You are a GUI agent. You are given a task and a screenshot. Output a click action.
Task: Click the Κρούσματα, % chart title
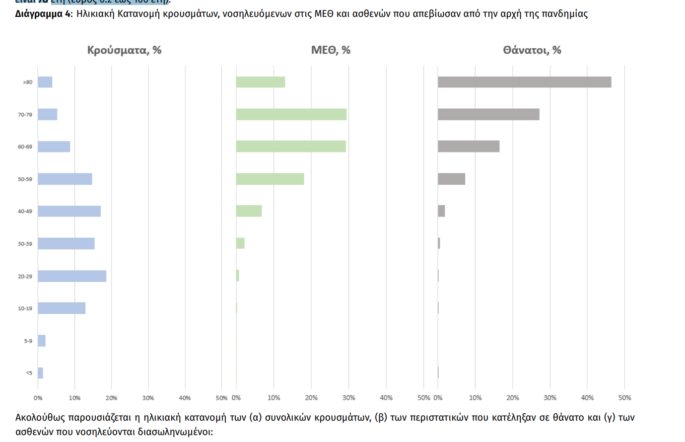124,50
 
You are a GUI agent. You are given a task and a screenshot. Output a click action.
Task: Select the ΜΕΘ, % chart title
331,50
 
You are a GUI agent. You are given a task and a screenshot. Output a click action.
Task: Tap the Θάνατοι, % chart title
532,50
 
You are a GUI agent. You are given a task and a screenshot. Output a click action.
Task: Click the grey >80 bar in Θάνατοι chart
524,82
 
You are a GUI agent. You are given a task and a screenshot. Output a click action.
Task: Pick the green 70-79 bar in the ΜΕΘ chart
291,115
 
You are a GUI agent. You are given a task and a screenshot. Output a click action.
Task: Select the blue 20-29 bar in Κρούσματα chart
72,276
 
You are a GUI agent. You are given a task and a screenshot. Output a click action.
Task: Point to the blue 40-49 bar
69,211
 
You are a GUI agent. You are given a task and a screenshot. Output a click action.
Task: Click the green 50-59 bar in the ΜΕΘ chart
270,179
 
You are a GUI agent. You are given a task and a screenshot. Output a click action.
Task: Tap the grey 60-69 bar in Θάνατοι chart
469,147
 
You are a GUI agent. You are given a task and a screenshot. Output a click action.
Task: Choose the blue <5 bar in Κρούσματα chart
40,373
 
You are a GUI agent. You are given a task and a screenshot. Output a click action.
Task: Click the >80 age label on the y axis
28,82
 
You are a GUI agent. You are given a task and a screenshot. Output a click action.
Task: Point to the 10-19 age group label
25,308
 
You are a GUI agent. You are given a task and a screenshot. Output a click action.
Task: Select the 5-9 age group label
28,341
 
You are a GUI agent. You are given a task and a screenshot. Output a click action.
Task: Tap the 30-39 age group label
25,244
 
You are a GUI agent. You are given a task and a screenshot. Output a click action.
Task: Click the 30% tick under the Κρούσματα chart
148,398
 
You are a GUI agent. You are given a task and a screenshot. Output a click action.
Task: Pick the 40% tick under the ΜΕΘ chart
386,398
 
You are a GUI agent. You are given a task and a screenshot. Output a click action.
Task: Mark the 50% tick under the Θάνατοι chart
624,398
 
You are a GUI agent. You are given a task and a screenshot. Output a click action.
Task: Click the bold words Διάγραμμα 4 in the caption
43,14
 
